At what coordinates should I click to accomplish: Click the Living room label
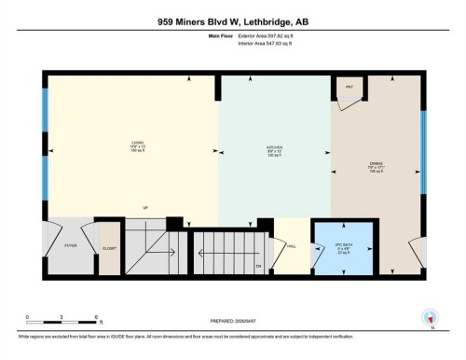(136, 145)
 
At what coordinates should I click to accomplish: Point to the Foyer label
(69, 248)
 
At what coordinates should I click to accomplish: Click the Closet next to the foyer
(110, 248)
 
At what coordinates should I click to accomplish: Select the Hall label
(291, 247)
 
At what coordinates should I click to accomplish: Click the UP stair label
(145, 207)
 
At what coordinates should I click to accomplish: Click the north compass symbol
(430, 316)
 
